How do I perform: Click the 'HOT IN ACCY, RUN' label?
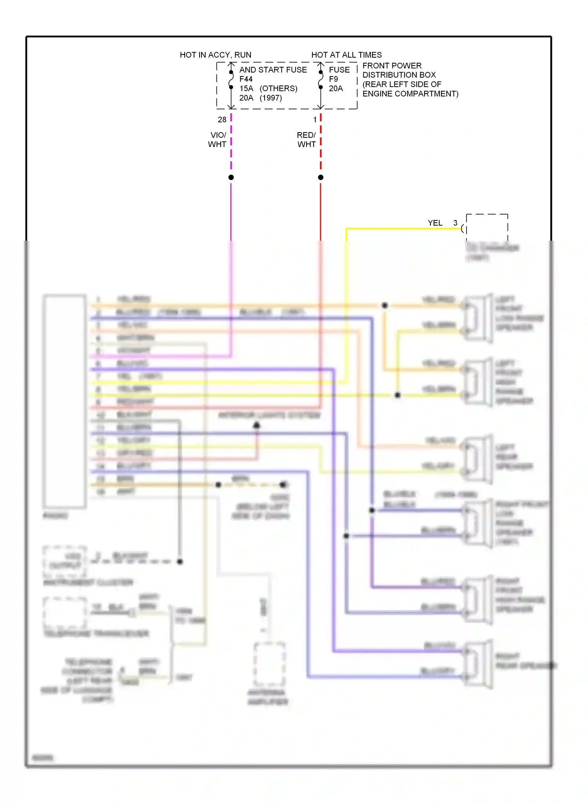tap(216, 55)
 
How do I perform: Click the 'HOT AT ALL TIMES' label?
tap(347, 55)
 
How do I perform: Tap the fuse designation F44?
tap(246, 79)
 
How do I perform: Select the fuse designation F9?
tap(334, 79)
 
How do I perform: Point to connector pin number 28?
tap(222, 120)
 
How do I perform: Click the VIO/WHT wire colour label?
tap(217, 140)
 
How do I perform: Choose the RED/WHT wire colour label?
tap(307, 140)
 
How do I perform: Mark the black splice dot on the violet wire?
tap(231, 178)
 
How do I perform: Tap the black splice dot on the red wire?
tap(321, 178)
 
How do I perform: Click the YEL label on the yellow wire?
tap(435, 223)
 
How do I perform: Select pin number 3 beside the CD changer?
tap(456, 223)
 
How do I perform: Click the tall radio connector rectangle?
tap(65, 401)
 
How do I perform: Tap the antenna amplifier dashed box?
tap(269, 664)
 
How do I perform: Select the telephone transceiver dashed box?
tap(65, 612)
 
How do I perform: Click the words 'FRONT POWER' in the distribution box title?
tap(392, 66)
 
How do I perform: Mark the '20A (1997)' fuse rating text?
tap(261, 98)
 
